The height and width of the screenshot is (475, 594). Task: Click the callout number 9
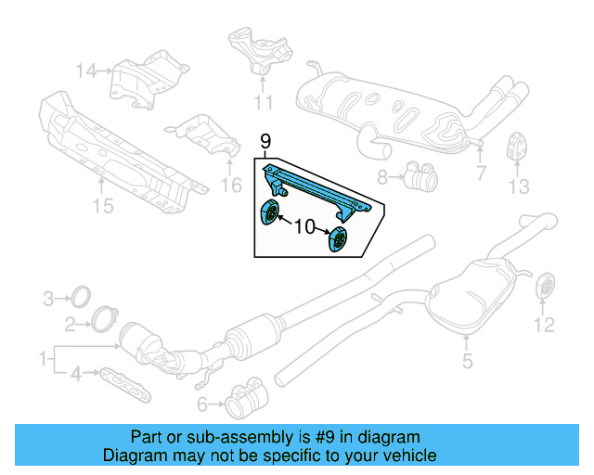tap(265, 141)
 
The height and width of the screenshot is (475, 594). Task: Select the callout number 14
tap(86, 70)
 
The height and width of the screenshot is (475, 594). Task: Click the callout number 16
tap(231, 186)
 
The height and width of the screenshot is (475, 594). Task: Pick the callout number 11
tap(264, 102)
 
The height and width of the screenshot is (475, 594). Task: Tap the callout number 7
tap(480, 173)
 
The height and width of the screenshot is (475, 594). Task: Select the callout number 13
tap(518, 186)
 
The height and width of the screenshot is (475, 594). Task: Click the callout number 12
tap(543, 324)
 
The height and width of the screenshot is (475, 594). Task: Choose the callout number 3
tap(48, 299)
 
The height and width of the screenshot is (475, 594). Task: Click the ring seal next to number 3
tap(81, 298)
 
